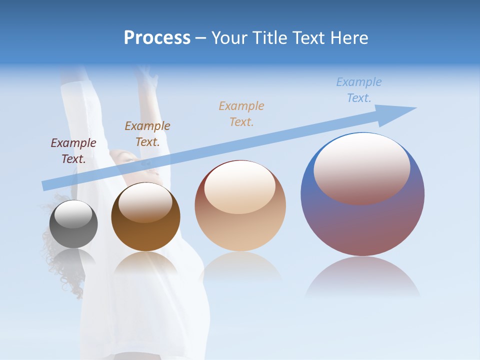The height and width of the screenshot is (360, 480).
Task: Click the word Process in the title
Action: tap(157, 38)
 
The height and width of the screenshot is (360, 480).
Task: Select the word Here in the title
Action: tap(349, 38)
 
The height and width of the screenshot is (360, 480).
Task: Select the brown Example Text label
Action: tap(147, 134)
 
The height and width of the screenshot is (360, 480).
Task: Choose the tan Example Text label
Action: tap(241, 113)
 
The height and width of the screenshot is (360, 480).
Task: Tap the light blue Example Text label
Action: tap(359, 90)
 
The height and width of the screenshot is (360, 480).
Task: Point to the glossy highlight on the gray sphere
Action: tap(73, 214)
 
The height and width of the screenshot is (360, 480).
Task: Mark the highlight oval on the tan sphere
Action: tap(239, 187)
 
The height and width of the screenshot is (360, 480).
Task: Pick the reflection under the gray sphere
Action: tap(73, 257)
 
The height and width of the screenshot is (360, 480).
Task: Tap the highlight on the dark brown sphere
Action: tap(145, 202)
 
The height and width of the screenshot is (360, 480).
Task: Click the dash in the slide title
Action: tap(201, 38)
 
